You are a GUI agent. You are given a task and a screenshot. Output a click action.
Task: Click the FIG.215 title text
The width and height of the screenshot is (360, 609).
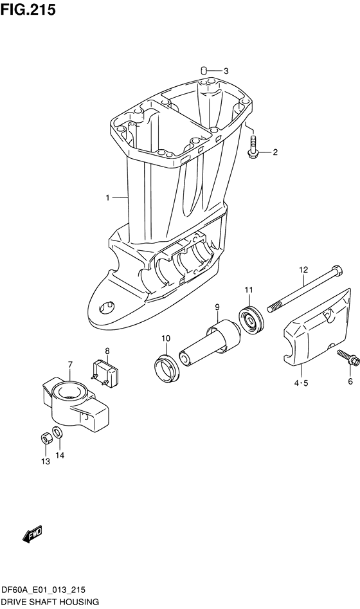pos(28,10)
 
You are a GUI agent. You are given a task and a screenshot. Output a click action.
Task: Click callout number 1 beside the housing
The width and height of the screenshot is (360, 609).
pos(109,197)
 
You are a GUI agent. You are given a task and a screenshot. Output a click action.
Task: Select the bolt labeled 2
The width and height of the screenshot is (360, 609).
pos(252,145)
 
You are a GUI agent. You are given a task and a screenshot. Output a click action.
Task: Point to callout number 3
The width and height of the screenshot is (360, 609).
pos(226,71)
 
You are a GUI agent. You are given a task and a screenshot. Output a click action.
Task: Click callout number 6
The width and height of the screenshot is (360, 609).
pos(350,381)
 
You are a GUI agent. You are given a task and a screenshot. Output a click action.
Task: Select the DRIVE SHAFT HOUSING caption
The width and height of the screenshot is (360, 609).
pos(50,602)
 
